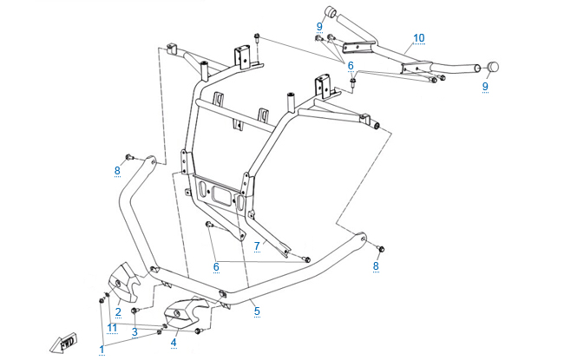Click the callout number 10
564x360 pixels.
[418, 38]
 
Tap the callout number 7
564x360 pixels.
[257, 246]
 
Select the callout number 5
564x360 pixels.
[256, 310]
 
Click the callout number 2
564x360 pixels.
[118, 311]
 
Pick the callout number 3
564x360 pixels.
[134, 331]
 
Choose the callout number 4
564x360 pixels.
[174, 343]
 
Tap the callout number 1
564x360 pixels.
[102, 349]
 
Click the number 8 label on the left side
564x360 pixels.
[117, 171]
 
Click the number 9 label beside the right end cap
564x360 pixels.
[485, 86]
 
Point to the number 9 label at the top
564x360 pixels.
[319, 26]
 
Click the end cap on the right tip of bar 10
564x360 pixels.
[493, 66]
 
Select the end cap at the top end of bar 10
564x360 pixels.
[331, 11]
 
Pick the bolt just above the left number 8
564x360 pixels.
[128, 156]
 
